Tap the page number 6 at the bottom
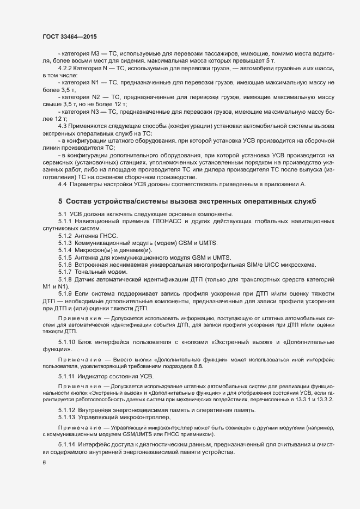click(44, 463)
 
